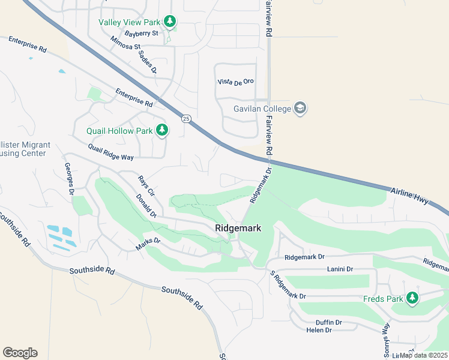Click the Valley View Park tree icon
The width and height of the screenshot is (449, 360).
click(x=170, y=22)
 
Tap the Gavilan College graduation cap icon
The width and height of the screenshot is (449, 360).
click(x=300, y=109)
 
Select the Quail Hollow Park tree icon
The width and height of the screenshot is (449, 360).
click(x=161, y=130)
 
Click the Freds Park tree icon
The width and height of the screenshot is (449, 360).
click(x=412, y=298)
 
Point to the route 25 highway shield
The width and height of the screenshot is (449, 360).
click(x=187, y=118)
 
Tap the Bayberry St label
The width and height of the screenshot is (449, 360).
click(x=141, y=34)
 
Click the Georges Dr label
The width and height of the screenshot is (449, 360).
click(x=68, y=179)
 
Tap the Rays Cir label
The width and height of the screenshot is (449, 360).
click(x=146, y=187)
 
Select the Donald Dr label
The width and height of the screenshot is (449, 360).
click(x=146, y=206)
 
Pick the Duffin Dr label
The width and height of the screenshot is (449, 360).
click(x=330, y=322)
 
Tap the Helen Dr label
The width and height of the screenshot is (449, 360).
click(x=319, y=330)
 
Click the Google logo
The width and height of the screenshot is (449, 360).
click(x=20, y=352)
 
